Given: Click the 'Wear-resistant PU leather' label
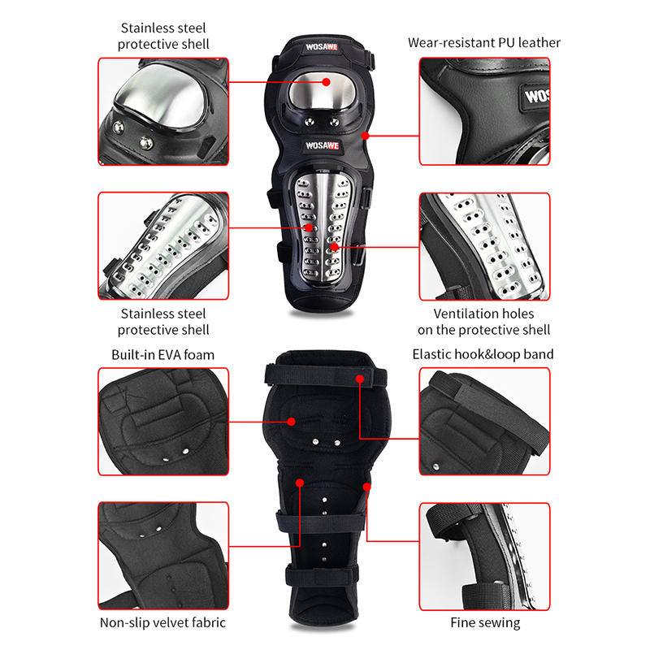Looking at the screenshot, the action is click(x=483, y=43).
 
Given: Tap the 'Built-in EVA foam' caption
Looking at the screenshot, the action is click(x=163, y=355).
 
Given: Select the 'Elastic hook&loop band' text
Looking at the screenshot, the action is click(x=483, y=354).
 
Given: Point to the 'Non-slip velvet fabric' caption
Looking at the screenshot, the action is click(x=163, y=622).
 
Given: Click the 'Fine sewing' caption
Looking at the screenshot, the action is click(x=485, y=622).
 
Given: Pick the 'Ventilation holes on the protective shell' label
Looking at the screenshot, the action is click(x=483, y=322).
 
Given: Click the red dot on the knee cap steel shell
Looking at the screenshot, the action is click(x=327, y=82).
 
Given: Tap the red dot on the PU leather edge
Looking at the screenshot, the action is click(x=365, y=136).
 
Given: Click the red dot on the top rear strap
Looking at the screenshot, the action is click(x=360, y=379).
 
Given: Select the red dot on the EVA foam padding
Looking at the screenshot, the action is click(x=292, y=422).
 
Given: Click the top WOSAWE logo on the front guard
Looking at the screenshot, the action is click(x=322, y=47).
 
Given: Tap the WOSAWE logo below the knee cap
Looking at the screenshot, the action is click(x=322, y=145).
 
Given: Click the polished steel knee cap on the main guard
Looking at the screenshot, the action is click(x=322, y=92).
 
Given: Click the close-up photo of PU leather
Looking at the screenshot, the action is click(x=484, y=111).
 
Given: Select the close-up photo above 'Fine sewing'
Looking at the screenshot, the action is click(x=484, y=557).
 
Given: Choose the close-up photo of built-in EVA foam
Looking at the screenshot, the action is click(x=163, y=421).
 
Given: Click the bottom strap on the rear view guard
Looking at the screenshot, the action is click(x=322, y=575).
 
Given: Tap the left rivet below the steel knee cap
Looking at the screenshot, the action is click(x=309, y=122).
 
